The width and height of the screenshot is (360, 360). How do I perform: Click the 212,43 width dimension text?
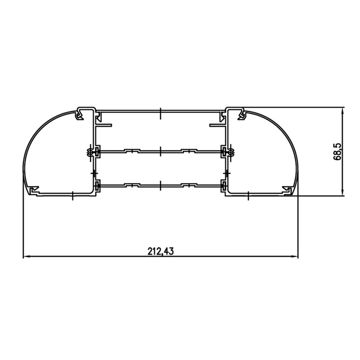click(x=160, y=251)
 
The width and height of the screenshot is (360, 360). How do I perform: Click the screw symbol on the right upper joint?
click(x=229, y=152)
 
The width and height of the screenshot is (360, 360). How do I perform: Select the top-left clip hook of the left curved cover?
click(x=80, y=115)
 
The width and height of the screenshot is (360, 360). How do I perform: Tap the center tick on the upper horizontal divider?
click(x=160, y=151)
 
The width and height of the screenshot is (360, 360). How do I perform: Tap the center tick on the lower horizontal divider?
click(x=160, y=184)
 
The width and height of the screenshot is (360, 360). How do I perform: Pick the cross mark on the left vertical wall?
click(x=93, y=172)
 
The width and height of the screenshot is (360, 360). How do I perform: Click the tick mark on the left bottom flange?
click(x=72, y=195)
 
